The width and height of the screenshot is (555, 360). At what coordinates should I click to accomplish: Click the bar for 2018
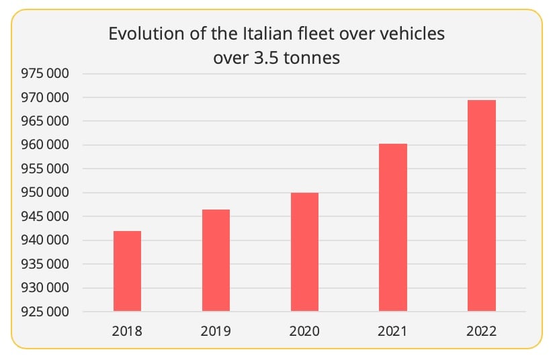(127, 271)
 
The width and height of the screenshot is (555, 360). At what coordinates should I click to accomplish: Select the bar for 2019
(216, 260)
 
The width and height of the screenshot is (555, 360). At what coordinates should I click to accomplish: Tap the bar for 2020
(304, 252)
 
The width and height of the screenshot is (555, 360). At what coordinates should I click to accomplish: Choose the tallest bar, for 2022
(482, 206)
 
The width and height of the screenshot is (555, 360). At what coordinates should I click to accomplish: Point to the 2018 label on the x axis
(127, 330)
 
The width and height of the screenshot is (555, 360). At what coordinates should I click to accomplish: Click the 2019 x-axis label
(216, 330)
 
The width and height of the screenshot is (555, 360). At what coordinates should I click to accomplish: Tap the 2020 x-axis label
(304, 330)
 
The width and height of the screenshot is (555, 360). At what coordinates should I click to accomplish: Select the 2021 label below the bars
(393, 330)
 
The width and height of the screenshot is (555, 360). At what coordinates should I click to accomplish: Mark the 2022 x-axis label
(482, 330)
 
